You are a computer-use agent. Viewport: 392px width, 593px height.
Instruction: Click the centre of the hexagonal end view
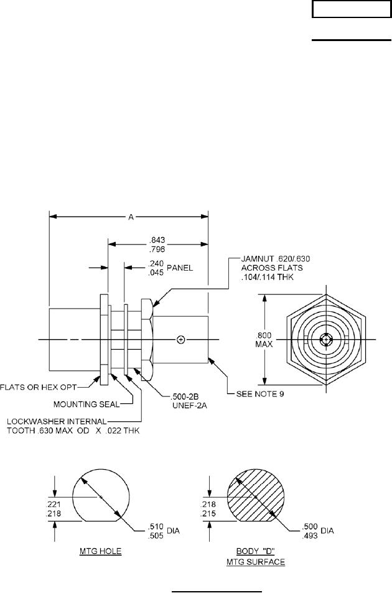pos(327,340)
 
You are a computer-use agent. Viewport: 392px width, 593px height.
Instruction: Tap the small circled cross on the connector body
pos(181,339)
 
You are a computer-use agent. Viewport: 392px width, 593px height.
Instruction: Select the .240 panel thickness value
pos(157,263)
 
